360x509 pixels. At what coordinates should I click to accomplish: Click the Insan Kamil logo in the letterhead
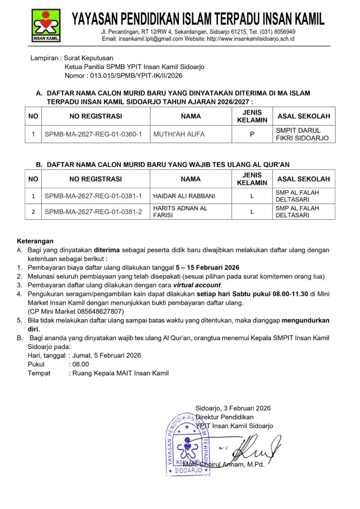tap(46, 25)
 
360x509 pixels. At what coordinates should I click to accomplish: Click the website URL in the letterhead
tap(251, 39)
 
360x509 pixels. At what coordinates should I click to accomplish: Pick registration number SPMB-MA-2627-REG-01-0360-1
tap(93, 134)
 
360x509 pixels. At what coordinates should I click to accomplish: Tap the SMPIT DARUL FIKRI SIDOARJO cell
tap(302, 134)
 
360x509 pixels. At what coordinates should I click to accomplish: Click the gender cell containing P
tap(252, 134)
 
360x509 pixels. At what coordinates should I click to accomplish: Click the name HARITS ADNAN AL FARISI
tap(180, 212)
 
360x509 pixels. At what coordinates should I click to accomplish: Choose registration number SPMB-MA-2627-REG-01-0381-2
tap(93, 212)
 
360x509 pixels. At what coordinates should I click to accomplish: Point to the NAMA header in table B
tap(190, 179)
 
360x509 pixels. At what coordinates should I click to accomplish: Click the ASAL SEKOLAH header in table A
tap(303, 116)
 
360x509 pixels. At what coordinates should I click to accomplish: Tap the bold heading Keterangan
tap(35, 241)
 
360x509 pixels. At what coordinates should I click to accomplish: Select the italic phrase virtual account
tap(197, 285)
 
